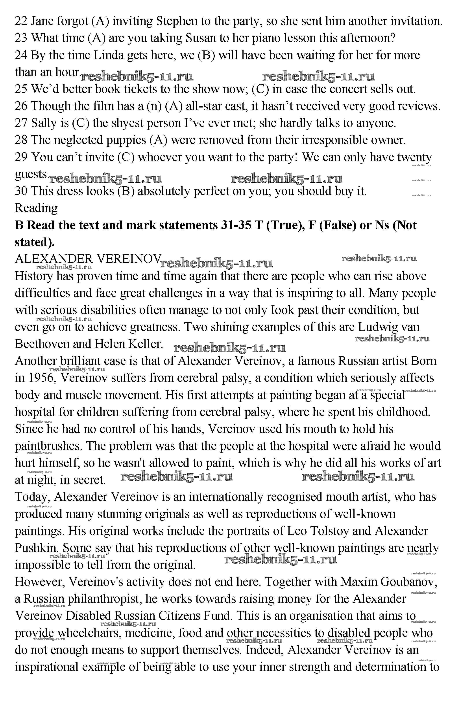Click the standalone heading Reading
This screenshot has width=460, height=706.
point(36,208)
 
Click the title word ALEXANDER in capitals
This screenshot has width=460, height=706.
point(54,259)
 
